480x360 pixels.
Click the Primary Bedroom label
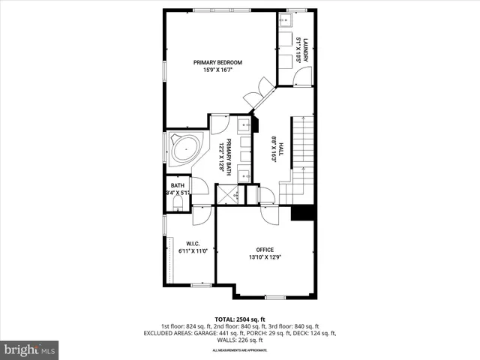tap(217, 62)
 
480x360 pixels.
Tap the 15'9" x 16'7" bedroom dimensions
tap(217, 70)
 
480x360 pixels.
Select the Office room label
tap(265, 250)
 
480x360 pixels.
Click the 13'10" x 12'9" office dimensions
tap(265, 258)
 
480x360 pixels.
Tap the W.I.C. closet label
tap(192, 243)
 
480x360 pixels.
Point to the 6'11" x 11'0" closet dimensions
tap(192, 251)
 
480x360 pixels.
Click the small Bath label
tap(177, 186)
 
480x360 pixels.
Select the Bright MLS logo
tap(30, 349)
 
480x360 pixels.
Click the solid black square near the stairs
tap(301, 213)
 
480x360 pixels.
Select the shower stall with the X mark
tap(226, 195)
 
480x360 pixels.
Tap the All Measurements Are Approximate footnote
tap(239, 350)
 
